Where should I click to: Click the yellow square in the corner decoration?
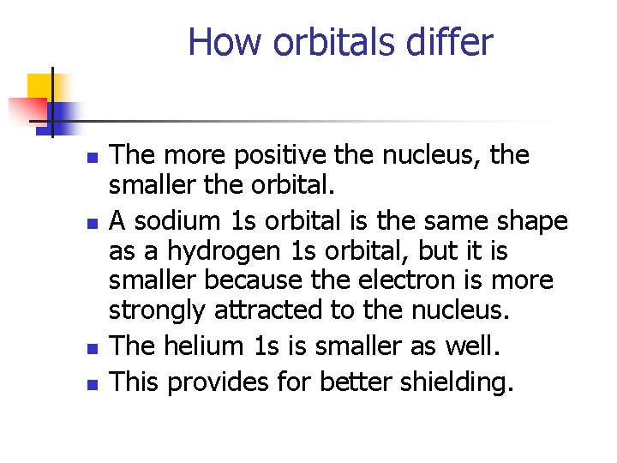(x=39, y=87)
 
